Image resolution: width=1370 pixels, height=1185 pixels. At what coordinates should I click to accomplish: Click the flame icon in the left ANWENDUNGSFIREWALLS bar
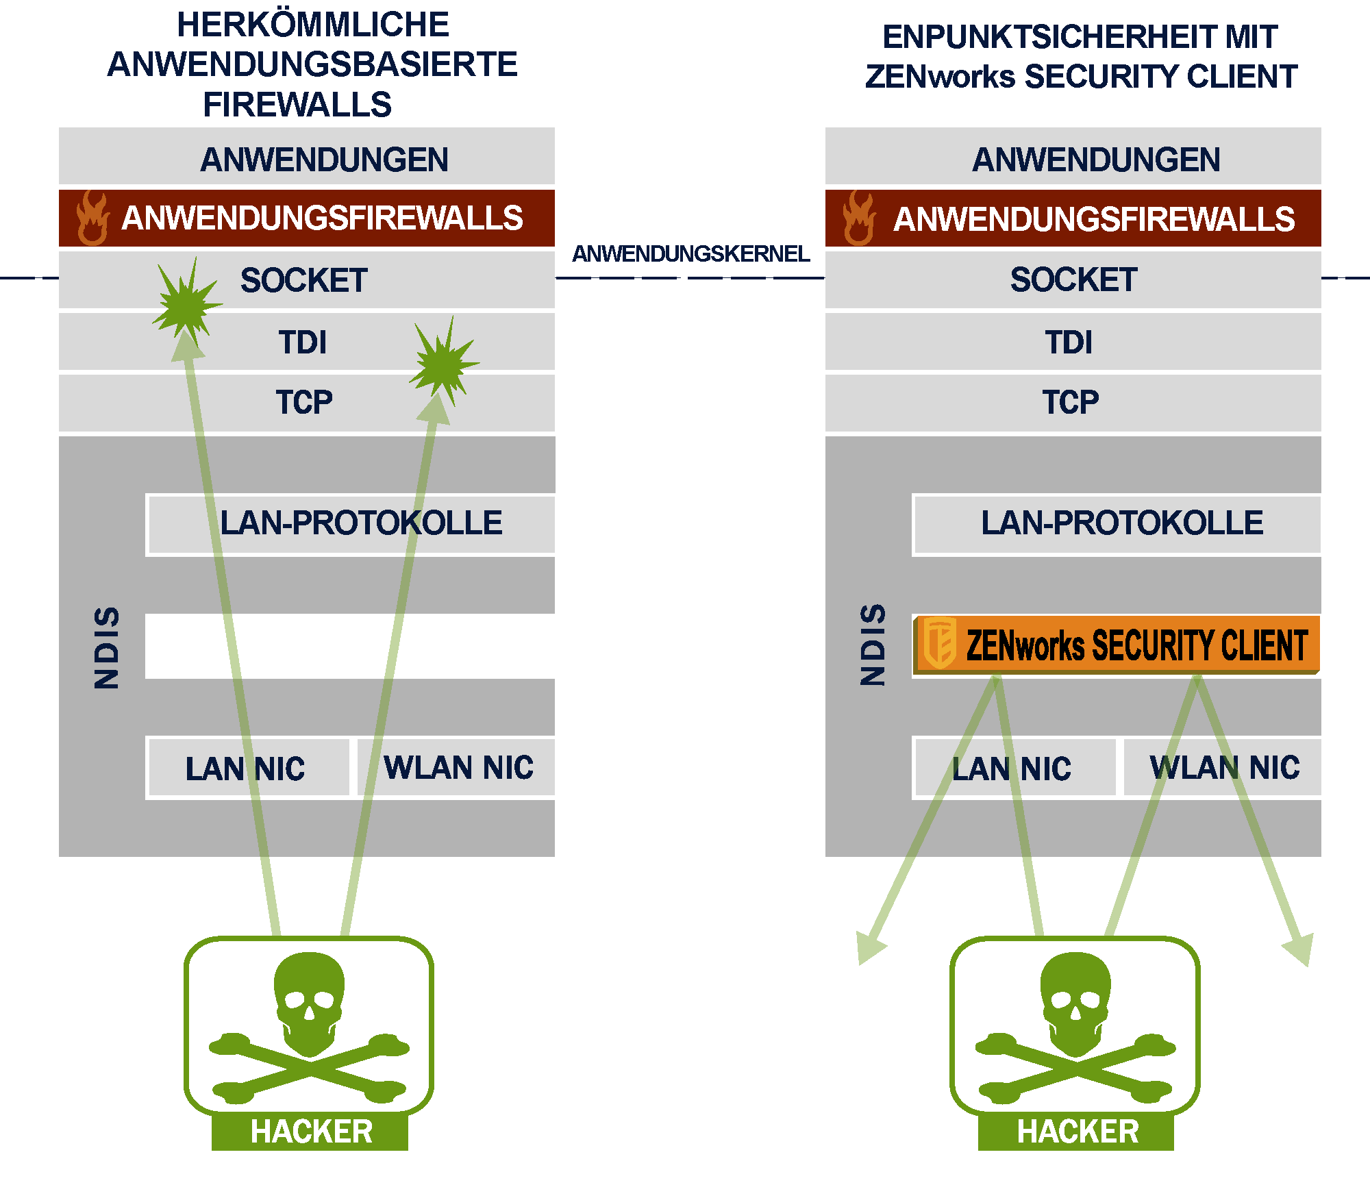(92, 218)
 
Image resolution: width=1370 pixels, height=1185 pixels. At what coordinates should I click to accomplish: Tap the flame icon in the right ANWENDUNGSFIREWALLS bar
(858, 218)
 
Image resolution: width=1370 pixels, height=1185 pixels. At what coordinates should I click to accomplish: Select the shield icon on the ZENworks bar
(940, 643)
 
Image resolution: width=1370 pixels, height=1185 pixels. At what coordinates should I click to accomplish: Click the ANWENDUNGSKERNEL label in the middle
(690, 254)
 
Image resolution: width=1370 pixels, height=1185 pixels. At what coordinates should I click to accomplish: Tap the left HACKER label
(311, 1132)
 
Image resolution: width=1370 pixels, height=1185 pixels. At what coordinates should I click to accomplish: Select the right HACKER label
(1077, 1132)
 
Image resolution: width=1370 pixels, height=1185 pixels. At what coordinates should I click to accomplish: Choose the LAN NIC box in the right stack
(1014, 768)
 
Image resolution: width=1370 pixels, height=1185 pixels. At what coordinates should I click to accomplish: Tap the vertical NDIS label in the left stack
(107, 647)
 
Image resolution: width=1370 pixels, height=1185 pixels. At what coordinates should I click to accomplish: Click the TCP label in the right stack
(1071, 402)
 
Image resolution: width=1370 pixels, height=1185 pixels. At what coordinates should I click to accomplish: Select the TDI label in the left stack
(303, 342)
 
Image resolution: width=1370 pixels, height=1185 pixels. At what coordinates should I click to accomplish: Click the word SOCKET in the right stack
(1073, 280)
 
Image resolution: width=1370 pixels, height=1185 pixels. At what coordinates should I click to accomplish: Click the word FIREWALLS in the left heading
(297, 105)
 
